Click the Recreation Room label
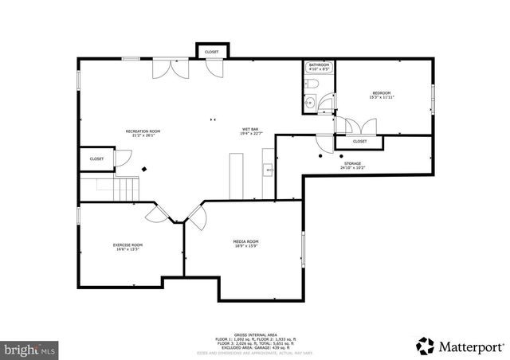(143, 132)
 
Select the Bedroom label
(380, 96)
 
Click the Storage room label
(352, 165)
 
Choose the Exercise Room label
(127, 246)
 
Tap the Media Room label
(245, 243)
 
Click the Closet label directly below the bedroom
(359, 141)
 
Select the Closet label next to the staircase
(96, 158)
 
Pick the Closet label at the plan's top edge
(211, 52)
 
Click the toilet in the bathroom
(314, 84)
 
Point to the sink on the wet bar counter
(269, 170)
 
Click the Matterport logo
(460, 345)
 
